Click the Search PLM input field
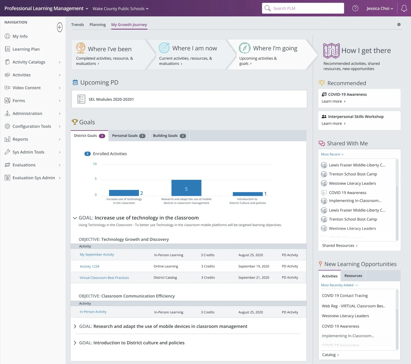click(x=303, y=8)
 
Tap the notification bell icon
click(x=404, y=8)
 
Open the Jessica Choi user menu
click(x=380, y=8)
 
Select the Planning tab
click(x=98, y=25)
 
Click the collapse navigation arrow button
click(x=60, y=27)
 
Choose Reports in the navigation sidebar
click(x=20, y=139)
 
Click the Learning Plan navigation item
click(x=26, y=49)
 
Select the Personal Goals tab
click(x=129, y=135)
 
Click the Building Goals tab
click(x=169, y=135)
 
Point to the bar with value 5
click(x=186, y=188)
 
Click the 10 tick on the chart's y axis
click(x=95, y=164)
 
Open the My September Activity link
click(x=97, y=255)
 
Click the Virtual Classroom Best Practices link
click(x=104, y=278)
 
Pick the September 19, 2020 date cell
click(x=253, y=266)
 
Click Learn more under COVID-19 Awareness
click(x=333, y=101)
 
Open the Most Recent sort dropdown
click(x=332, y=154)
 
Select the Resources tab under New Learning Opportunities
click(x=353, y=276)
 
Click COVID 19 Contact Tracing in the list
click(x=345, y=296)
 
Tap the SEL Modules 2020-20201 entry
click(x=111, y=99)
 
